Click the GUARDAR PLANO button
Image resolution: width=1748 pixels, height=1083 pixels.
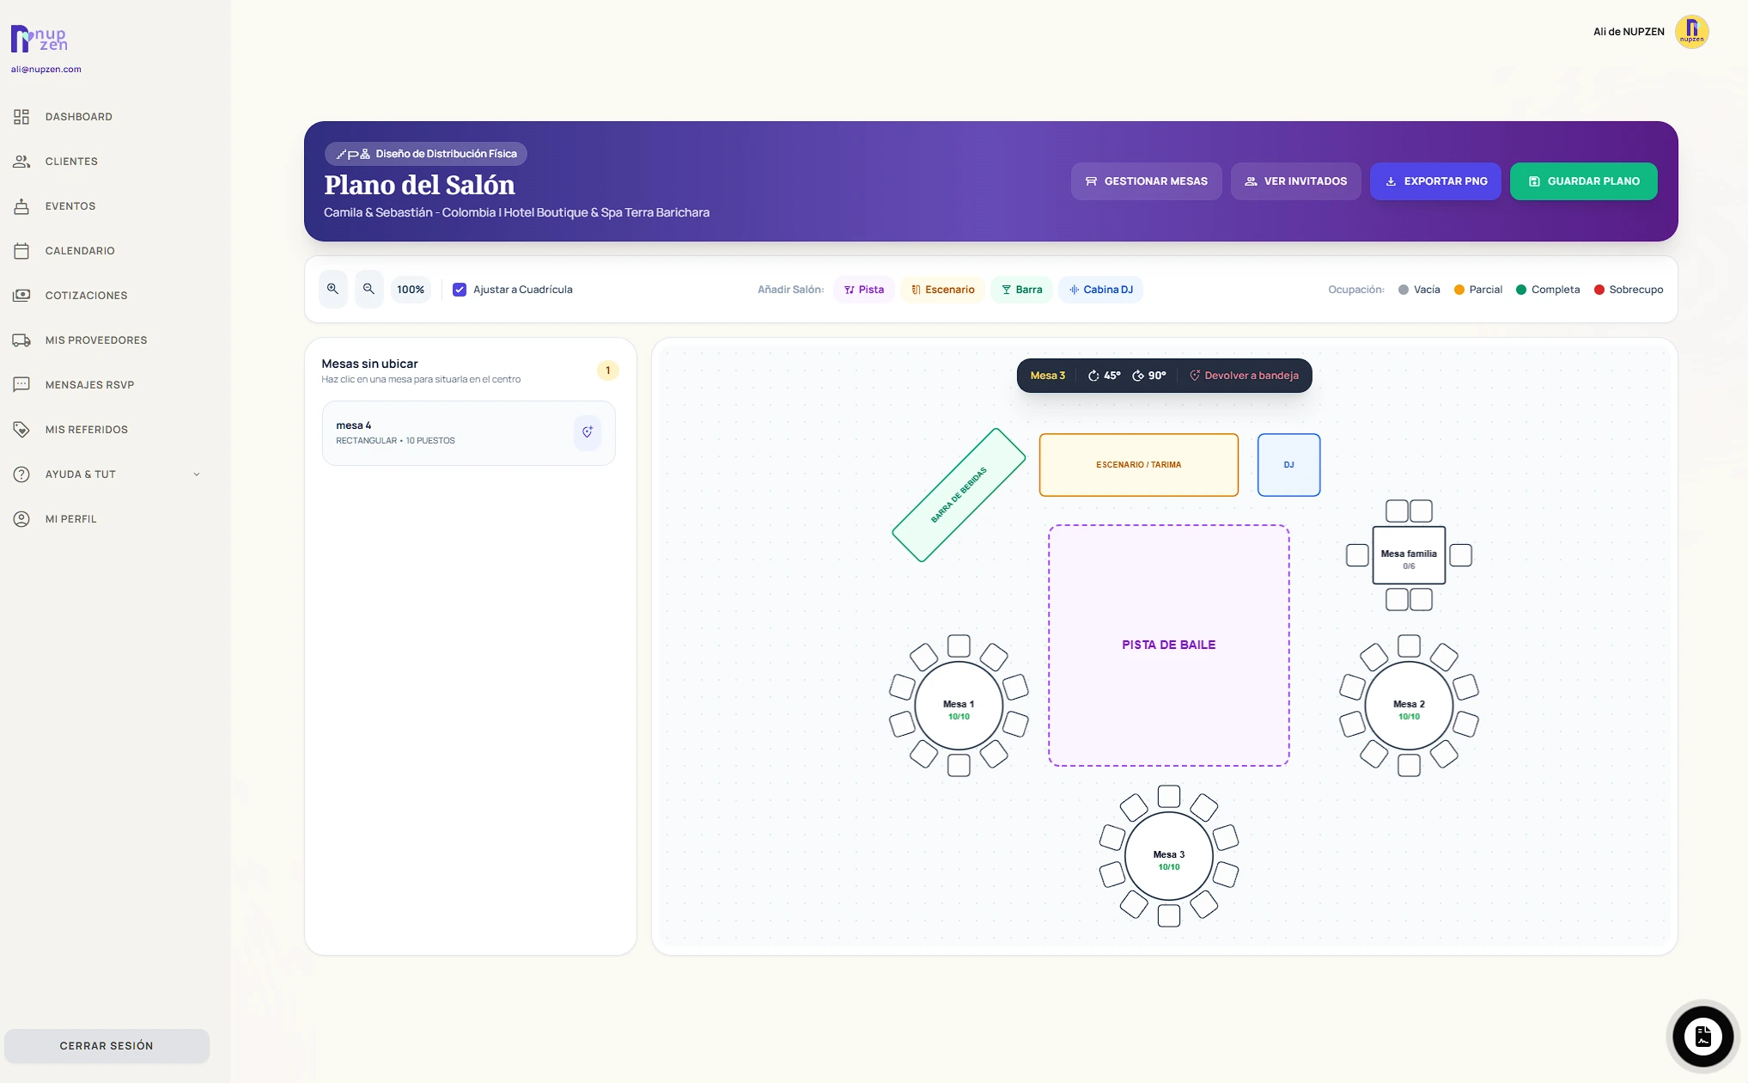(x=1583, y=181)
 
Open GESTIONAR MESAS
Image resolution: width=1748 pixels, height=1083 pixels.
(x=1146, y=181)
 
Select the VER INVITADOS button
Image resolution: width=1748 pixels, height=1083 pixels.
(x=1295, y=181)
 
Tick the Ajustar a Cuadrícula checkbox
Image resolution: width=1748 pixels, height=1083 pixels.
(x=460, y=290)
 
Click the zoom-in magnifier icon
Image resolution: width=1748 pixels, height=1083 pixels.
(x=332, y=290)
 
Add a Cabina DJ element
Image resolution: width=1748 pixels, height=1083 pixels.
(x=1100, y=290)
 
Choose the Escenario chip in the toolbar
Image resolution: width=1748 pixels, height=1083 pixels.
(x=942, y=290)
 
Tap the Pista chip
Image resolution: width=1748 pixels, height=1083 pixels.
(x=863, y=290)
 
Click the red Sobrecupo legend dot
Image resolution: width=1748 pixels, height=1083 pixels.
(x=1599, y=290)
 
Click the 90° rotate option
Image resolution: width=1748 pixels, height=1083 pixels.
(x=1148, y=376)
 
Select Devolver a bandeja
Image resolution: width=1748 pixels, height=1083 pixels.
(x=1244, y=376)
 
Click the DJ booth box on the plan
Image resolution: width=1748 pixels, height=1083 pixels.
(x=1288, y=465)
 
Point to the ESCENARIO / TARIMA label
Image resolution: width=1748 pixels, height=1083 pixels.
(x=1138, y=465)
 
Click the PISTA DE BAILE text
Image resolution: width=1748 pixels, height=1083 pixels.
(x=1168, y=645)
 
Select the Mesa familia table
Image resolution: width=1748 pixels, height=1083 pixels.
(x=1409, y=555)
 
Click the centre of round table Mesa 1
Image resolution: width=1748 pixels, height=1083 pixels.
(x=959, y=706)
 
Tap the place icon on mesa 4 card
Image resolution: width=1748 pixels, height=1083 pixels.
(x=588, y=432)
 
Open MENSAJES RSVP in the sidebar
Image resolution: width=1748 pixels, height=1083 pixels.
(x=89, y=385)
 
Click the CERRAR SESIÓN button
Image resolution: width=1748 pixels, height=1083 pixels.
(x=107, y=1046)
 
